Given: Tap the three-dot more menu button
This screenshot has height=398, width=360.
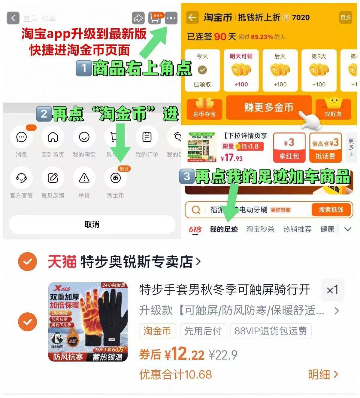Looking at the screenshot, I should [x=171, y=18].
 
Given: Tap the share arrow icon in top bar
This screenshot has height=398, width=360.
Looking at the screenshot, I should [x=138, y=18].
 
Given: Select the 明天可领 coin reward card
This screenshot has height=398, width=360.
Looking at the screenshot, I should [x=241, y=70].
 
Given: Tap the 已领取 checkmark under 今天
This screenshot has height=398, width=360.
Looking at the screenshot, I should [x=202, y=70].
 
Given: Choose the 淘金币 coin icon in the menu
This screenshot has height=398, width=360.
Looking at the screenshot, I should [x=116, y=178].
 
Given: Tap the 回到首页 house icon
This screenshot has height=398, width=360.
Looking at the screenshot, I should [x=53, y=137].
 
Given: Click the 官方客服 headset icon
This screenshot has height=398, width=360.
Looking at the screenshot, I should [x=21, y=178].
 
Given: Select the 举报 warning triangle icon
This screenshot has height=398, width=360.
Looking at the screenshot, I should [x=84, y=178].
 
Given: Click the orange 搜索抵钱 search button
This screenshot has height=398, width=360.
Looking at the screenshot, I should [x=331, y=210].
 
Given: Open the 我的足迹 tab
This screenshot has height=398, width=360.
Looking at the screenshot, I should [x=224, y=229].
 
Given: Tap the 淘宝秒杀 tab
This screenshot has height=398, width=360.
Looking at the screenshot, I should [x=260, y=229].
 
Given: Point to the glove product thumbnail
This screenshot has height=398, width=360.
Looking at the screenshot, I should [x=88, y=322].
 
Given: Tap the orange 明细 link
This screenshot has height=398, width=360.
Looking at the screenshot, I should [x=323, y=375].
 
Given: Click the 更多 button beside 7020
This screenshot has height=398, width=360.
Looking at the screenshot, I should [x=346, y=18].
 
